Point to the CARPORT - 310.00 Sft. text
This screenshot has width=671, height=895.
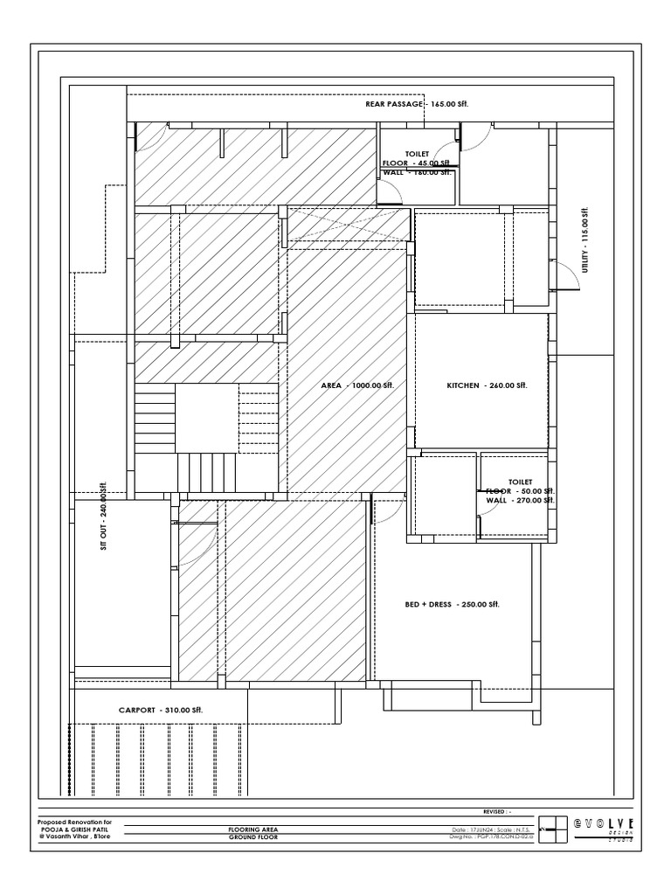161,711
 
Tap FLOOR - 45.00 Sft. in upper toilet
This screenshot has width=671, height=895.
417,163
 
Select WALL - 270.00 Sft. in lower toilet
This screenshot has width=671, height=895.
520,501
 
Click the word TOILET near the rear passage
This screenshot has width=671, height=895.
418,153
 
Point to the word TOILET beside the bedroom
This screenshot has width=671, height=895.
521,482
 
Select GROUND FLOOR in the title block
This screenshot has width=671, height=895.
253,837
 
